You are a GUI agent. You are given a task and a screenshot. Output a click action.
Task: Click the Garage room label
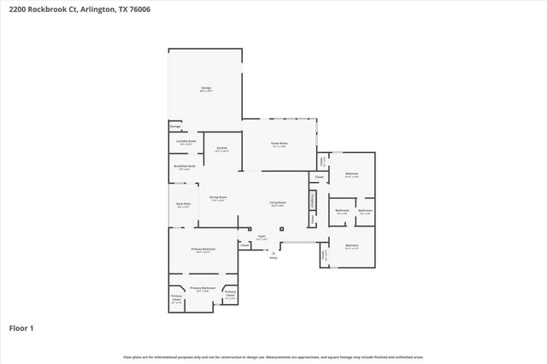pos(206,88)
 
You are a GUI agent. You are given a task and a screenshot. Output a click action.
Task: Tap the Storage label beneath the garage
pos(174,126)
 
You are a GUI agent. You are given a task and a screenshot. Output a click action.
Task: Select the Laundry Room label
pos(186,141)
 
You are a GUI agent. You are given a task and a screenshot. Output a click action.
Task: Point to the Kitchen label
pos(221,148)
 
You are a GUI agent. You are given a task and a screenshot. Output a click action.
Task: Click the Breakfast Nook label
pos(185,167)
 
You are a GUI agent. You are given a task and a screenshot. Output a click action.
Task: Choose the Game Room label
pos(279,144)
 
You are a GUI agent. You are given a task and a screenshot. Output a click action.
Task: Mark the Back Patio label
pos(183,204)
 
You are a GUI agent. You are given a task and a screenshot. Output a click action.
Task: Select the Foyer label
pos(262,237)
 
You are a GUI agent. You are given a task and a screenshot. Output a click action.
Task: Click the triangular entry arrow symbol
pos(273,253)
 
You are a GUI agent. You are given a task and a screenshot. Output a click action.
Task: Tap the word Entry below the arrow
pos(273,258)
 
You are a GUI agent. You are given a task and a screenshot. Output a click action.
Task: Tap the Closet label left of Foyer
pos(244,245)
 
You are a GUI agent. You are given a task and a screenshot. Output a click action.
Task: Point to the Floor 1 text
pos(21,327)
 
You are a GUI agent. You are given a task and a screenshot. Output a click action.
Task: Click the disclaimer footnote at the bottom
pos(273,356)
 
